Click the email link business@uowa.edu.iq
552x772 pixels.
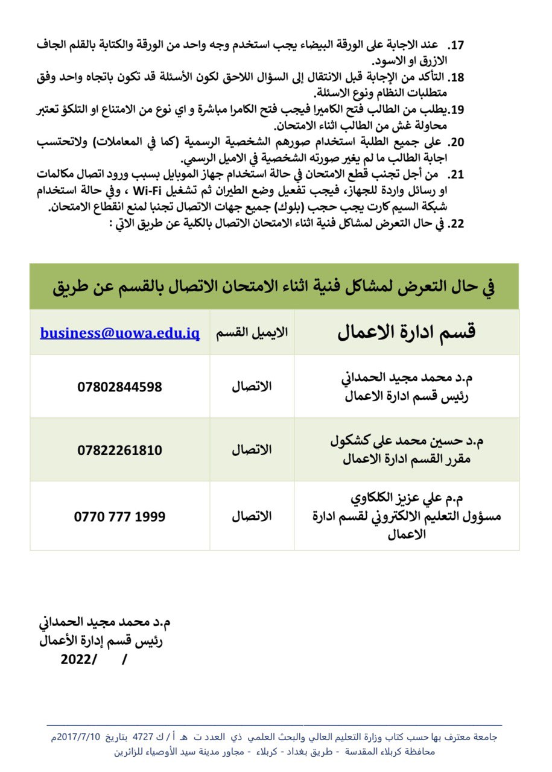tap(119, 334)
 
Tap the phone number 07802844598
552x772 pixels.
tap(119, 387)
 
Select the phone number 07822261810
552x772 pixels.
tap(119, 450)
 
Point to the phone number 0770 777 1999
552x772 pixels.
tap(119, 516)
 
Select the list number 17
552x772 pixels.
tap(457, 45)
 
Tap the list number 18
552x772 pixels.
tap(457, 77)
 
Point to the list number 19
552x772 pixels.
tap(457, 109)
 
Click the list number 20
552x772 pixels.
tap(457, 142)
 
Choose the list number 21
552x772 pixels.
tap(457, 175)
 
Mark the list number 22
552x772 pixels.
tap(457, 224)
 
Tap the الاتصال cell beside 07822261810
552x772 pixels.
tap(252, 450)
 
